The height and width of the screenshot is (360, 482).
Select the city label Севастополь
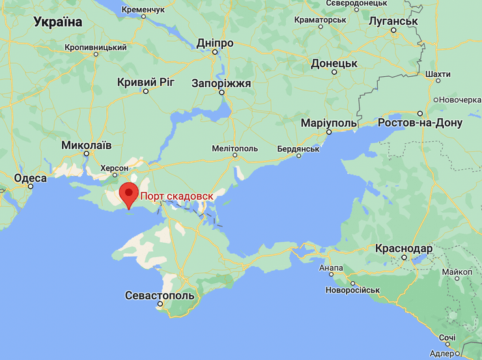pos(160,296)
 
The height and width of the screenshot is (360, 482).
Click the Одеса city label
pos(31,178)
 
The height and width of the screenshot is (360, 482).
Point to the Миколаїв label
pos(86,145)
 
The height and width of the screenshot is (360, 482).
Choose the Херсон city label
pos(115,168)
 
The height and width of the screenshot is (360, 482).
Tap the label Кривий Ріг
pos(146,82)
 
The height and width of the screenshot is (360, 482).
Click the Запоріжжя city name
pos(221,83)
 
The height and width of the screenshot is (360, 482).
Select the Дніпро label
pos(215,43)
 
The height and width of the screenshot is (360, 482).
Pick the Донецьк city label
pos(334,63)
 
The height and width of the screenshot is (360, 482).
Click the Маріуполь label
pos(329,123)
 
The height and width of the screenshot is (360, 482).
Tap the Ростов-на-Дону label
pos(420,122)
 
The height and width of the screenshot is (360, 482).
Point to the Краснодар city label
pos(404,249)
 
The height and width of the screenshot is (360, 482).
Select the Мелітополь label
pos(234,148)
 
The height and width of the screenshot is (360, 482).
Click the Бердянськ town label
pos(298,148)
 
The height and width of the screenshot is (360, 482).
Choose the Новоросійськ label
pos(352,290)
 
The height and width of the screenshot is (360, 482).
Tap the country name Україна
pos(58,22)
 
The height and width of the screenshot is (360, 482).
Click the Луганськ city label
pos(392,21)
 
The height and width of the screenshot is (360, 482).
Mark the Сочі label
pos(447,338)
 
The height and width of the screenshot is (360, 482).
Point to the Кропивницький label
pos(96,48)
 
